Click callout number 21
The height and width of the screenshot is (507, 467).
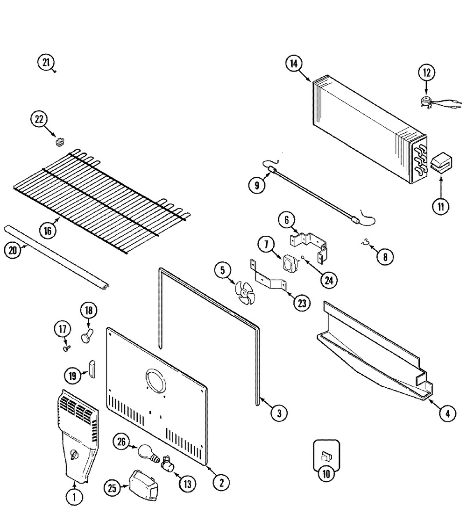click(45, 63)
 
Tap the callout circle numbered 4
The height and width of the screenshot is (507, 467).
click(447, 413)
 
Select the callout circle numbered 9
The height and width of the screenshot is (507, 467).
click(257, 184)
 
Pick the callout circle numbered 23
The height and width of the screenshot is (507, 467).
click(302, 303)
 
